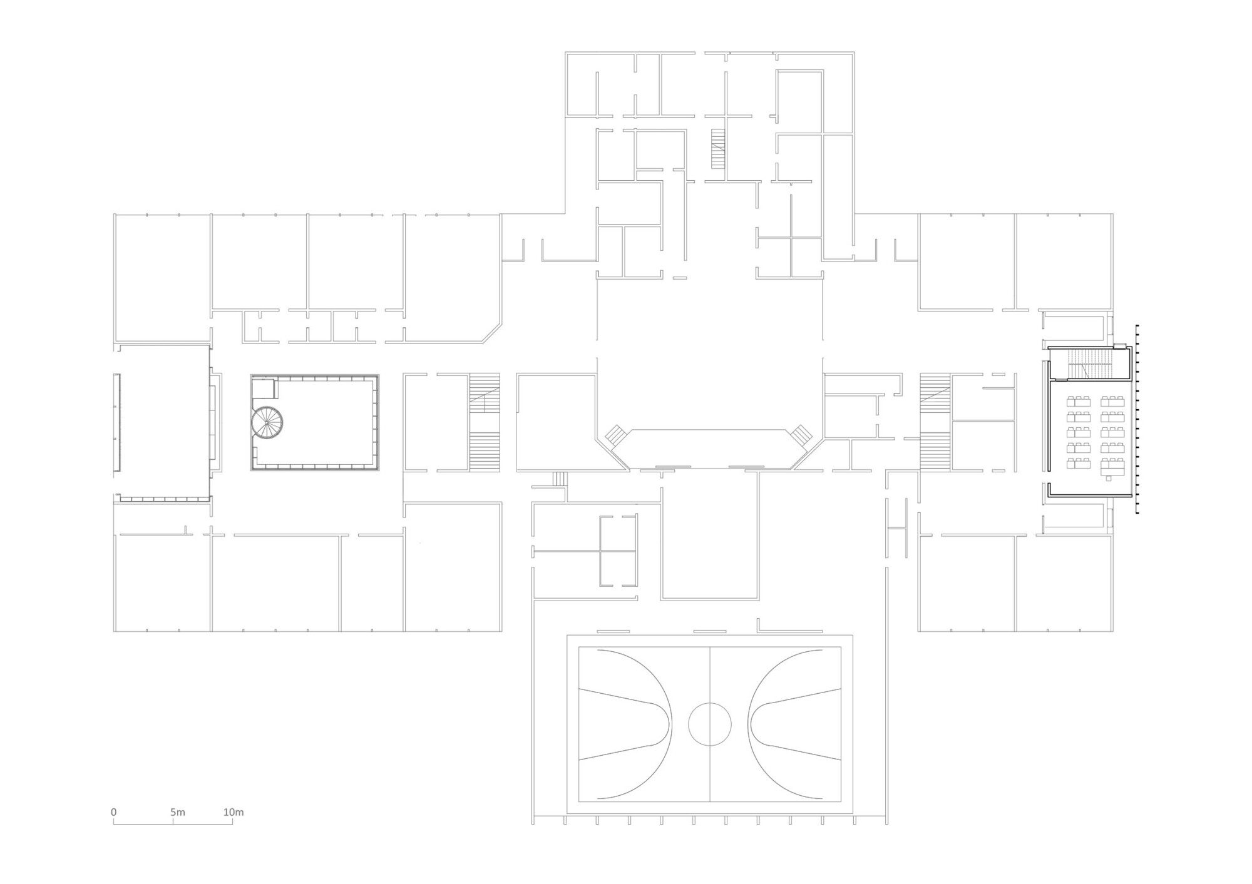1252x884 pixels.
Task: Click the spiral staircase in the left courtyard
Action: [267, 422]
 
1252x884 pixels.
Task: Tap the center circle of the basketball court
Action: [709, 724]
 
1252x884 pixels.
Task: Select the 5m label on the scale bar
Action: [177, 812]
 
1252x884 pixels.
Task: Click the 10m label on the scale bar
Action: [233, 812]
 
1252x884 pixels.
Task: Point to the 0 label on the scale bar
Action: [114, 812]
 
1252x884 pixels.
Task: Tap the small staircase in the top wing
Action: [717, 148]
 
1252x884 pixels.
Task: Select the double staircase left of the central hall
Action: [485, 422]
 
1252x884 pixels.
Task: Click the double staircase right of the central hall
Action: [935, 422]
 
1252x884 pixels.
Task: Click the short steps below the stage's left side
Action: [559, 479]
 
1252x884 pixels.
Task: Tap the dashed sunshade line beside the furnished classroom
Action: [1137, 419]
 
